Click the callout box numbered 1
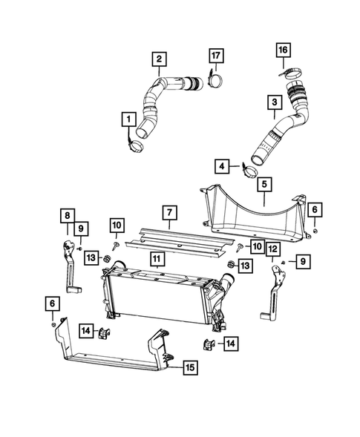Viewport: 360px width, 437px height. [128, 119]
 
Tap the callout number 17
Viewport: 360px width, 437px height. [274, 101]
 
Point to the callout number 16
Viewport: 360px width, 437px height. [222, 165]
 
